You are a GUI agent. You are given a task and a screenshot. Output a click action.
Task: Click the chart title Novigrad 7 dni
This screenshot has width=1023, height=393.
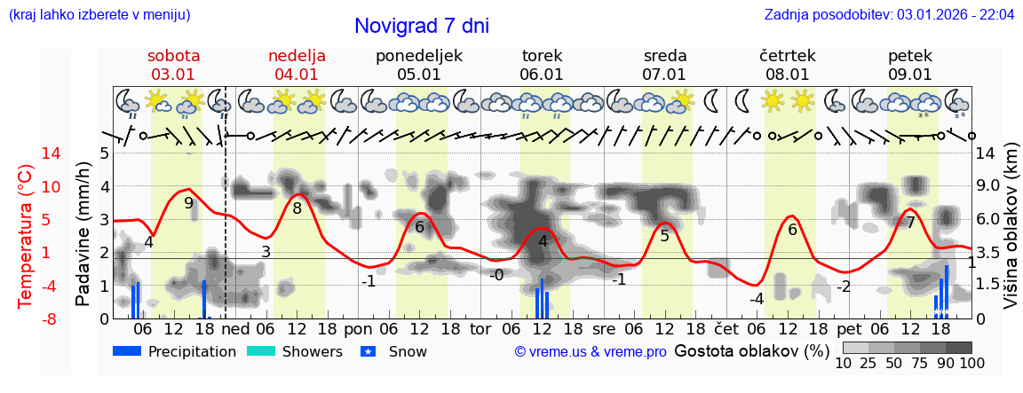pyautogui.click(x=422, y=27)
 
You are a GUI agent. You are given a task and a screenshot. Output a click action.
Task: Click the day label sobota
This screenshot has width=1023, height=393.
pyautogui.click(x=174, y=56)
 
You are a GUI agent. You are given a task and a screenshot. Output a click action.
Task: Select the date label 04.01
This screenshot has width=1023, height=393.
pyautogui.click(x=297, y=75)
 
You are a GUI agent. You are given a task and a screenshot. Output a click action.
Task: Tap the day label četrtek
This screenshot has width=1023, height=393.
pyautogui.click(x=788, y=56)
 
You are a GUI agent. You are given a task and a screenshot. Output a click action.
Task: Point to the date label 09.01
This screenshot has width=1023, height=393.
pyautogui.click(x=910, y=75)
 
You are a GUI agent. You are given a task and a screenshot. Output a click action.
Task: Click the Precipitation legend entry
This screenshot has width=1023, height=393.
pyautogui.click(x=175, y=351)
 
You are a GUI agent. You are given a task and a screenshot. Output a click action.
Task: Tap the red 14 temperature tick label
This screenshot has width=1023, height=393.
pyautogui.click(x=27, y=153)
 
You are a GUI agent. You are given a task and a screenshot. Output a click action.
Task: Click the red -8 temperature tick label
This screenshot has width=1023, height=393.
pyautogui.click(x=27, y=318)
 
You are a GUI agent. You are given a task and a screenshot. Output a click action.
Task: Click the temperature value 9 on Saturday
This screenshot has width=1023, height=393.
pyautogui.click(x=188, y=202)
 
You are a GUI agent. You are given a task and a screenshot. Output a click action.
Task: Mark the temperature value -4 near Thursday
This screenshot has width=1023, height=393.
pyautogui.click(x=756, y=299)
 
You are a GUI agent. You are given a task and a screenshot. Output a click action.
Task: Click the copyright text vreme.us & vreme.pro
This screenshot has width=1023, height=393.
pyautogui.click(x=591, y=351)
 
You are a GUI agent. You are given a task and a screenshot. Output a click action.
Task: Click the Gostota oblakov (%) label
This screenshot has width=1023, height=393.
pyautogui.click(x=751, y=350)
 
